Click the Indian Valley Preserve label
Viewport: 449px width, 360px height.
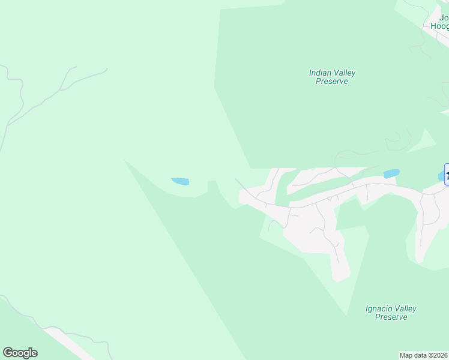332,77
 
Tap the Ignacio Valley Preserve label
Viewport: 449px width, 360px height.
391,313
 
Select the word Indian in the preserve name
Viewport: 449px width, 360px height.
319,73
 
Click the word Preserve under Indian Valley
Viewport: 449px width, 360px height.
332,81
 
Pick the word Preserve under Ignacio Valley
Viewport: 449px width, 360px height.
391,317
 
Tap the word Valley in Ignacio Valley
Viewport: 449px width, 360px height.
405,309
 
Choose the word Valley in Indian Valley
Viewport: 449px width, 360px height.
345,73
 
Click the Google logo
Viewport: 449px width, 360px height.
20,353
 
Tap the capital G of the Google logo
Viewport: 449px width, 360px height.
8,353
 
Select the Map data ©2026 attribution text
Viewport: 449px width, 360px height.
424,355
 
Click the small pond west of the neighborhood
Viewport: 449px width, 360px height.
180,181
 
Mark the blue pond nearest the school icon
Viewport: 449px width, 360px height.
391,174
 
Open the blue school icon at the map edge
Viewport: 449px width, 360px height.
447,175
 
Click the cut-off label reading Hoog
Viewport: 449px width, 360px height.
440,26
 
